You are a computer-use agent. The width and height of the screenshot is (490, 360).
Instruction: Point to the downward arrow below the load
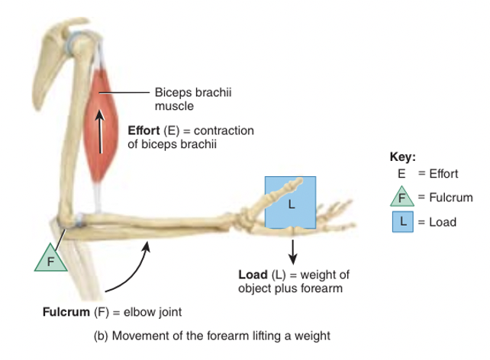292,249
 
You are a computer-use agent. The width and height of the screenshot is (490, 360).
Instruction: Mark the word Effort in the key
442,174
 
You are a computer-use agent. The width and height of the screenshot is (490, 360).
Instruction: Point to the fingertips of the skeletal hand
351,221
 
